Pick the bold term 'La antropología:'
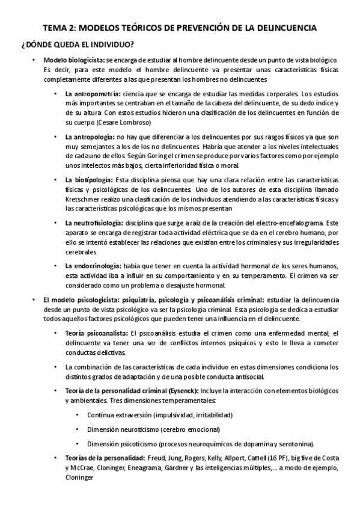90,138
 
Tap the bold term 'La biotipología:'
88,180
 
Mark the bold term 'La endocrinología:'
93,266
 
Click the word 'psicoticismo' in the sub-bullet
141,444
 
